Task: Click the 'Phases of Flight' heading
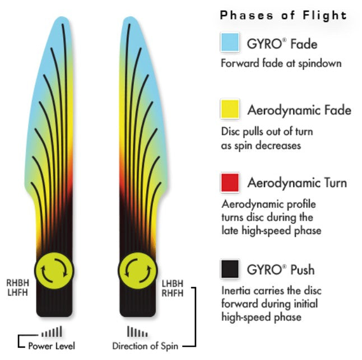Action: click(284, 15)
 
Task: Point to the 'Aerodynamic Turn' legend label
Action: click(297, 183)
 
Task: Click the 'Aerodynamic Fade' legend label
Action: click(299, 110)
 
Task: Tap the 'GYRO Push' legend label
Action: click(281, 270)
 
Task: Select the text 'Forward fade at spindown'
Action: click(281, 63)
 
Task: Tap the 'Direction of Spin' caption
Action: click(145, 345)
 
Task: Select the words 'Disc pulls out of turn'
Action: click(267, 132)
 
